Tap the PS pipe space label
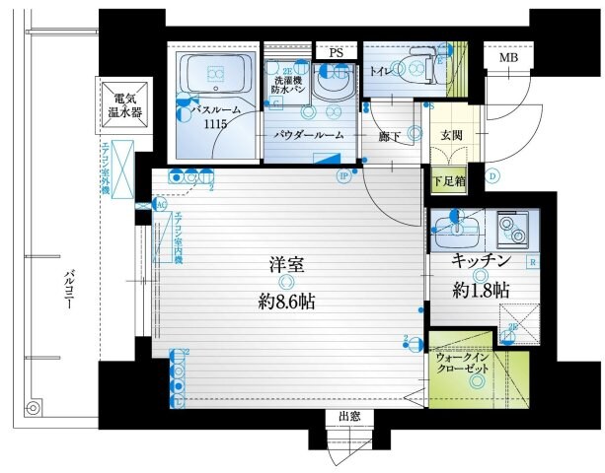[x=337, y=52]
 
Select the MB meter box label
[x=507, y=58]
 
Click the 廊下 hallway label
[x=389, y=138]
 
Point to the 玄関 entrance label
[x=451, y=135]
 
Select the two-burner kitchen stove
[x=513, y=230]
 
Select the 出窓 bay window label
[x=348, y=417]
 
